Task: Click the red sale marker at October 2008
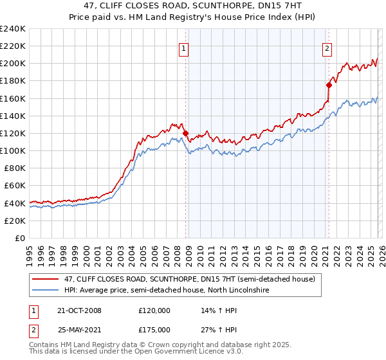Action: [186, 133]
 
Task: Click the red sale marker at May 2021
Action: [329, 85]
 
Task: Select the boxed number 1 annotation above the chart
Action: [184, 48]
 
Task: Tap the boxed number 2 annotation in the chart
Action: [327, 48]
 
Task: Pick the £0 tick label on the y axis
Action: [21, 238]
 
